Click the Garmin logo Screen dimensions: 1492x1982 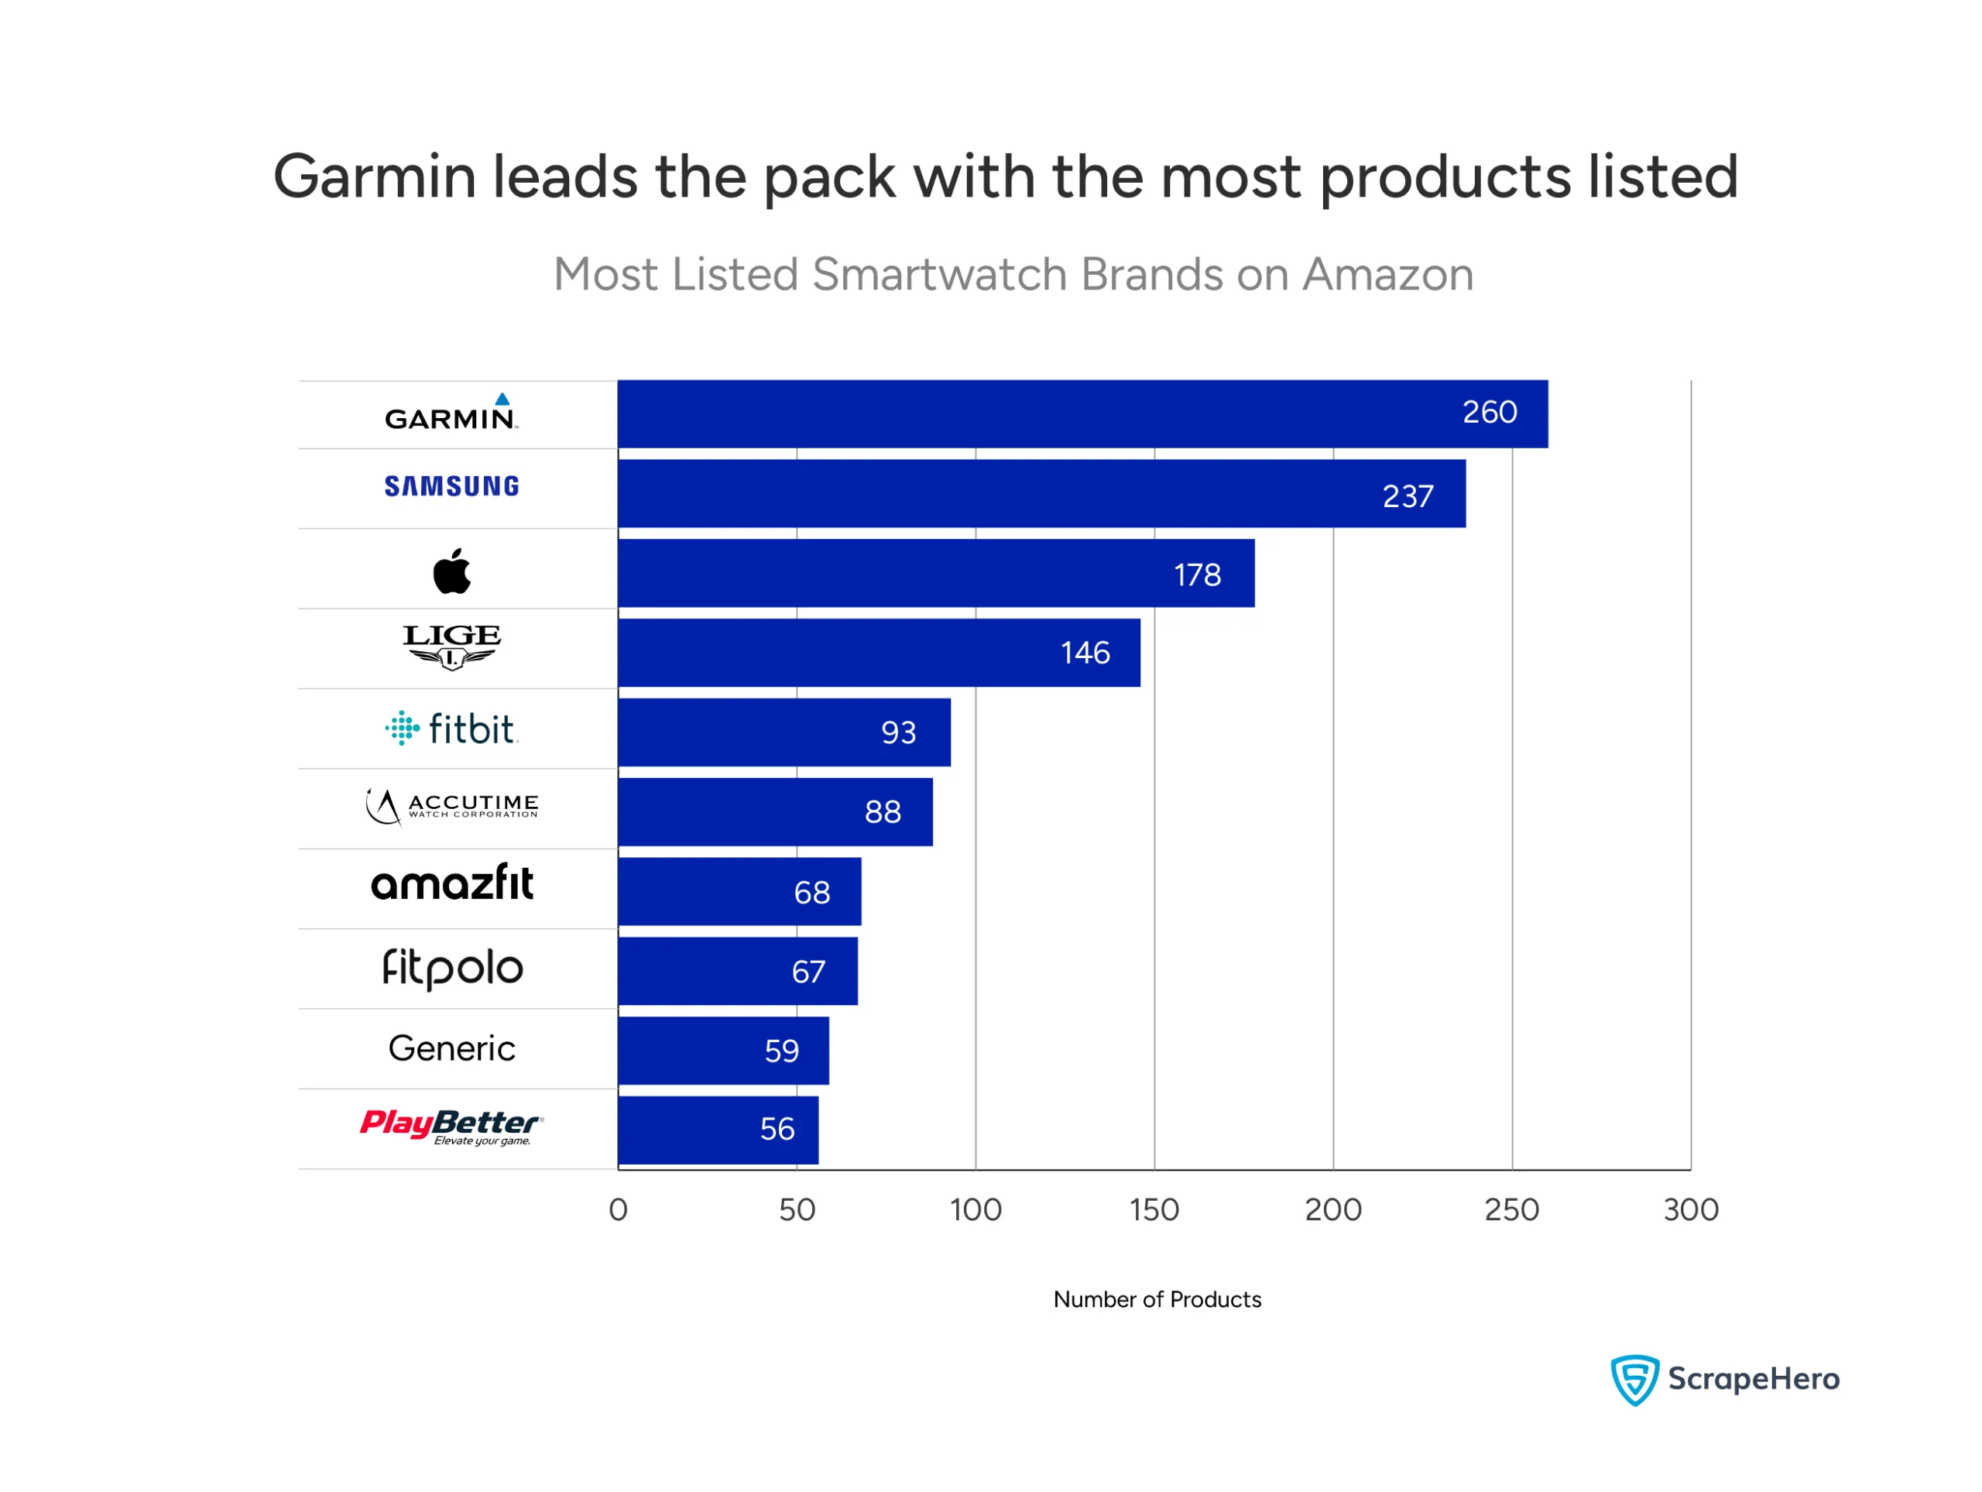(451, 415)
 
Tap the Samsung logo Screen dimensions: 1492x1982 (451, 486)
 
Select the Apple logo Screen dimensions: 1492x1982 (451, 571)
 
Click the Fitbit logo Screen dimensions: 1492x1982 (451, 729)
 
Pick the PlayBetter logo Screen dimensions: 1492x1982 (451, 1127)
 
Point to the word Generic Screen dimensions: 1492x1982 (451, 1048)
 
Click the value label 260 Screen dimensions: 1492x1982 (1489, 412)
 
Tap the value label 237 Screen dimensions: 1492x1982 (1408, 496)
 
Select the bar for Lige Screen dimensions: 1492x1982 (878, 653)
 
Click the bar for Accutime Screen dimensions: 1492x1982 (775, 812)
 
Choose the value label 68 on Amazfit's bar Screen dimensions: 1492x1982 (812, 893)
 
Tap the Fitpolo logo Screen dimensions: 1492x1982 (451, 969)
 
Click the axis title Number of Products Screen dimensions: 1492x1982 (1157, 1299)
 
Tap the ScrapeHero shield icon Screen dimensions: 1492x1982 (1634, 1379)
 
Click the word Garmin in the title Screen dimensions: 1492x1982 (375, 177)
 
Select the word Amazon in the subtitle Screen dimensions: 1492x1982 (1388, 274)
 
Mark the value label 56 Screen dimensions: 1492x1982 (777, 1129)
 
